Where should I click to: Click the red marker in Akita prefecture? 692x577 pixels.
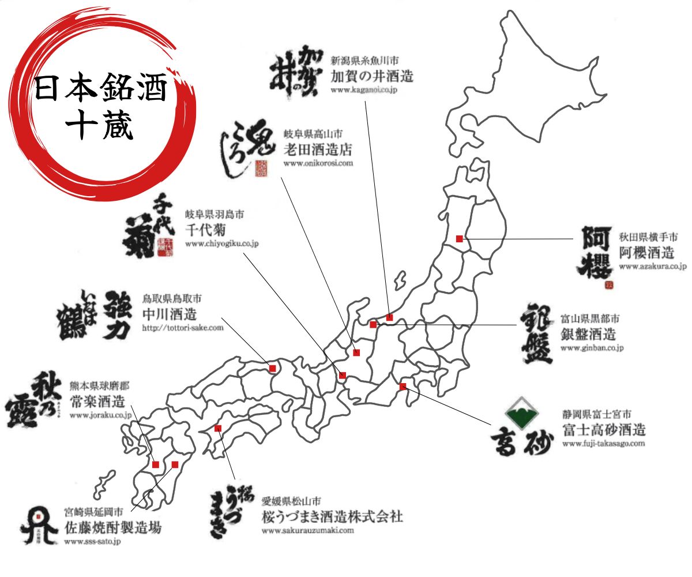tap(460, 238)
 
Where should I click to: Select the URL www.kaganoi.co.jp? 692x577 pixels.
tap(364, 90)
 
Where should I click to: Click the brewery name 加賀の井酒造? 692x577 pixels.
tap(372, 76)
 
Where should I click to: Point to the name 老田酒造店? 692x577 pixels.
tap(318, 150)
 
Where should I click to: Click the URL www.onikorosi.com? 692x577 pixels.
tap(318, 164)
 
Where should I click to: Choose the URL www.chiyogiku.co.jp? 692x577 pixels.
tap(222, 243)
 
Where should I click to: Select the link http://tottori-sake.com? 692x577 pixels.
tap(182, 328)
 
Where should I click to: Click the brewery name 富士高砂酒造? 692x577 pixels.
tap(604, 429)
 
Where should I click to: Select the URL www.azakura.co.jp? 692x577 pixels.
tap(653, 267)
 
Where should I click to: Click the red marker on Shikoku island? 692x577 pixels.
tap(218, 428)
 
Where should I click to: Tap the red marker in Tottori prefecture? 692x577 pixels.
tap(273, 368)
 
